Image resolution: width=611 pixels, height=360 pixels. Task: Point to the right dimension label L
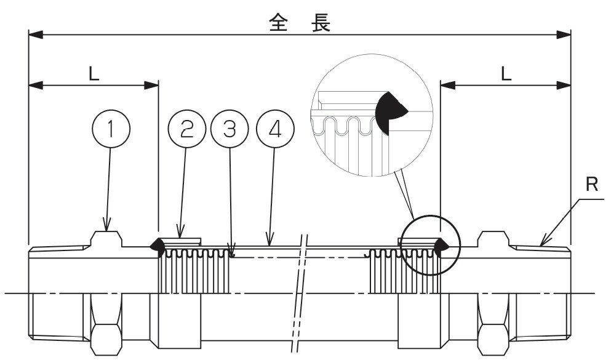click(x=506, y=74)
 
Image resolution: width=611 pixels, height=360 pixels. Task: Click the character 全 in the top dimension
click(x=278, y=23)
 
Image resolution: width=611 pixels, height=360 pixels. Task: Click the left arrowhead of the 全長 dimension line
click(x=34, y=36)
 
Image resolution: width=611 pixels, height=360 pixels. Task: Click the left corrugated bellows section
click(x=194, y=271)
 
